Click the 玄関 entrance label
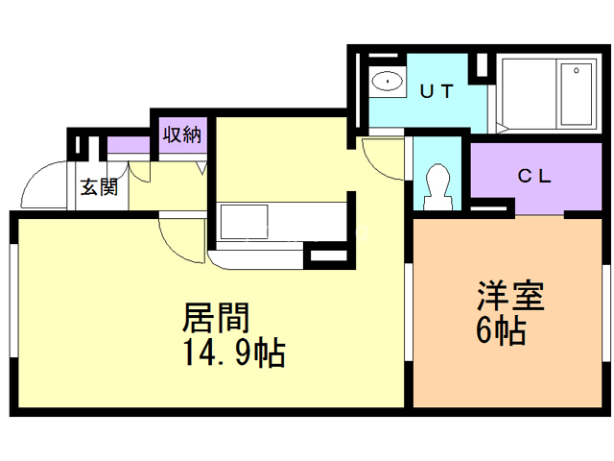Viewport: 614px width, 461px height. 99,186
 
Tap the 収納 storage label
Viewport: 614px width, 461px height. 180,133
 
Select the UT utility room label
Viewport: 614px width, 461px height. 437,91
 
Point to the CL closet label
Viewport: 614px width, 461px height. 535,176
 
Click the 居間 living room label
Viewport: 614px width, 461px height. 217,318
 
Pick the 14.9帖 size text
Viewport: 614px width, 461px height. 233,354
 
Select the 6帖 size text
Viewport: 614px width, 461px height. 500,331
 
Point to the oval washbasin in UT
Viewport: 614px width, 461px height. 388,80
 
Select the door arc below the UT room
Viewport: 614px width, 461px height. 382,159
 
